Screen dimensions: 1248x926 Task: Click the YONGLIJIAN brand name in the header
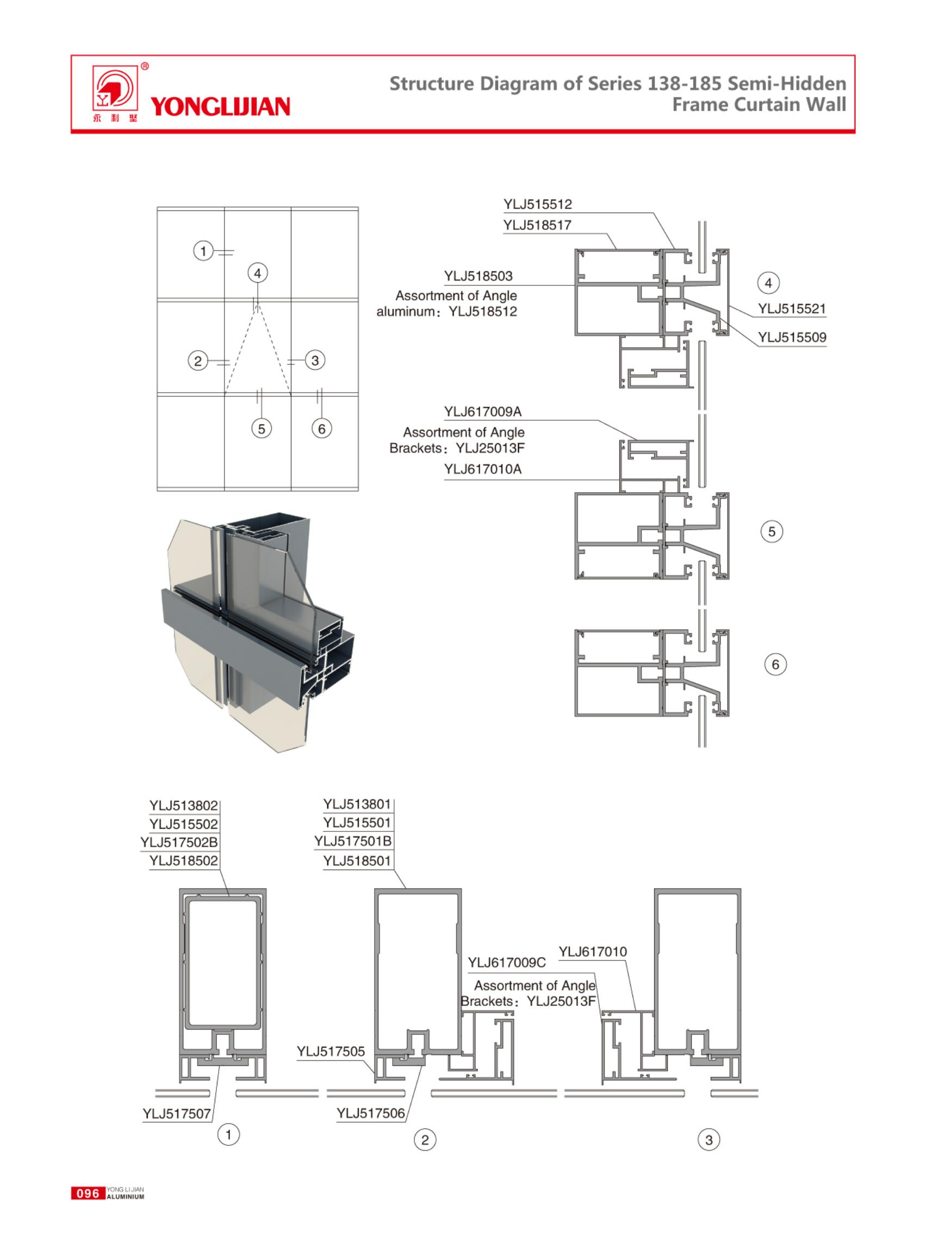pyautogui.click(x=220, y=107)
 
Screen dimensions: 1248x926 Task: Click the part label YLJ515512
pyautogui.click(x=538, y=204)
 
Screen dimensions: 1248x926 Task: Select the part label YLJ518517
pyautogui.click(x=537, y=225)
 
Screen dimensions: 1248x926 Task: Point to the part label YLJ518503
pyautogui.click(x=478, y=276)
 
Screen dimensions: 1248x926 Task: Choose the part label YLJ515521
pyautogui.click(x=792, y=309)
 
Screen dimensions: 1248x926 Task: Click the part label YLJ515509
pyautogui.click(x=792, y=338)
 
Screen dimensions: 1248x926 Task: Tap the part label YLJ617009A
pyautogui.click(x=483, y=412)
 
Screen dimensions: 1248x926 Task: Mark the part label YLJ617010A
pyautogui.click(x=483, y=469)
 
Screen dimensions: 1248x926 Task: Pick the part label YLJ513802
pyautogui.click(x=183, y=806)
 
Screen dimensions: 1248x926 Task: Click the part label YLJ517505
pyautogui.click(x=331, y=1052)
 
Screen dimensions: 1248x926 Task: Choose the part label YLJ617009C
pyautogui.click(x=507, y=963)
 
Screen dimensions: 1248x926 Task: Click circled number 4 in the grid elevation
pyautogui.click(x=257, y=274)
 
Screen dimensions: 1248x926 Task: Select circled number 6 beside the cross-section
pyautogui.click(x=775, y=665)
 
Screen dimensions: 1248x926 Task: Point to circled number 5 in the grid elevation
pyautogui.click(x=261, y=429)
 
